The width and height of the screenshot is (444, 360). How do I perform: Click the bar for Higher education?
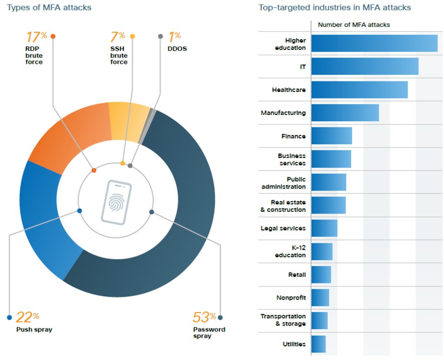374,43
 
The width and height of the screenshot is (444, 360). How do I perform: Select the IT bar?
365,66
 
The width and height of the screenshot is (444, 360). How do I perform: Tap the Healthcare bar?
359,90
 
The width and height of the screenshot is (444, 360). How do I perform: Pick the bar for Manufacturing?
345,113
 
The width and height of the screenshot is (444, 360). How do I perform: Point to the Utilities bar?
318,344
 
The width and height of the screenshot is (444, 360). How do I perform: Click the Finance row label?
293,136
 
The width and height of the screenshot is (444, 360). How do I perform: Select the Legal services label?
283,228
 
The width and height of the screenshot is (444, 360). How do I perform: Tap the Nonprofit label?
291,298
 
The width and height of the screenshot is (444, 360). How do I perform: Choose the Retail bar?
321,275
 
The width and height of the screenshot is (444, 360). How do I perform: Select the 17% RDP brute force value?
36,37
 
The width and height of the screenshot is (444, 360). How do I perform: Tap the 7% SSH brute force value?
118,37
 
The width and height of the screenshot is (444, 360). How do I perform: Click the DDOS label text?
177,49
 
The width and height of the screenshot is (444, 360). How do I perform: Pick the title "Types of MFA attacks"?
49,7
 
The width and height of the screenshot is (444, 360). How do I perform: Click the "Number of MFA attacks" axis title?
354,25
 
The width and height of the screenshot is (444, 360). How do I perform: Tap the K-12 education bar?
322,252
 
